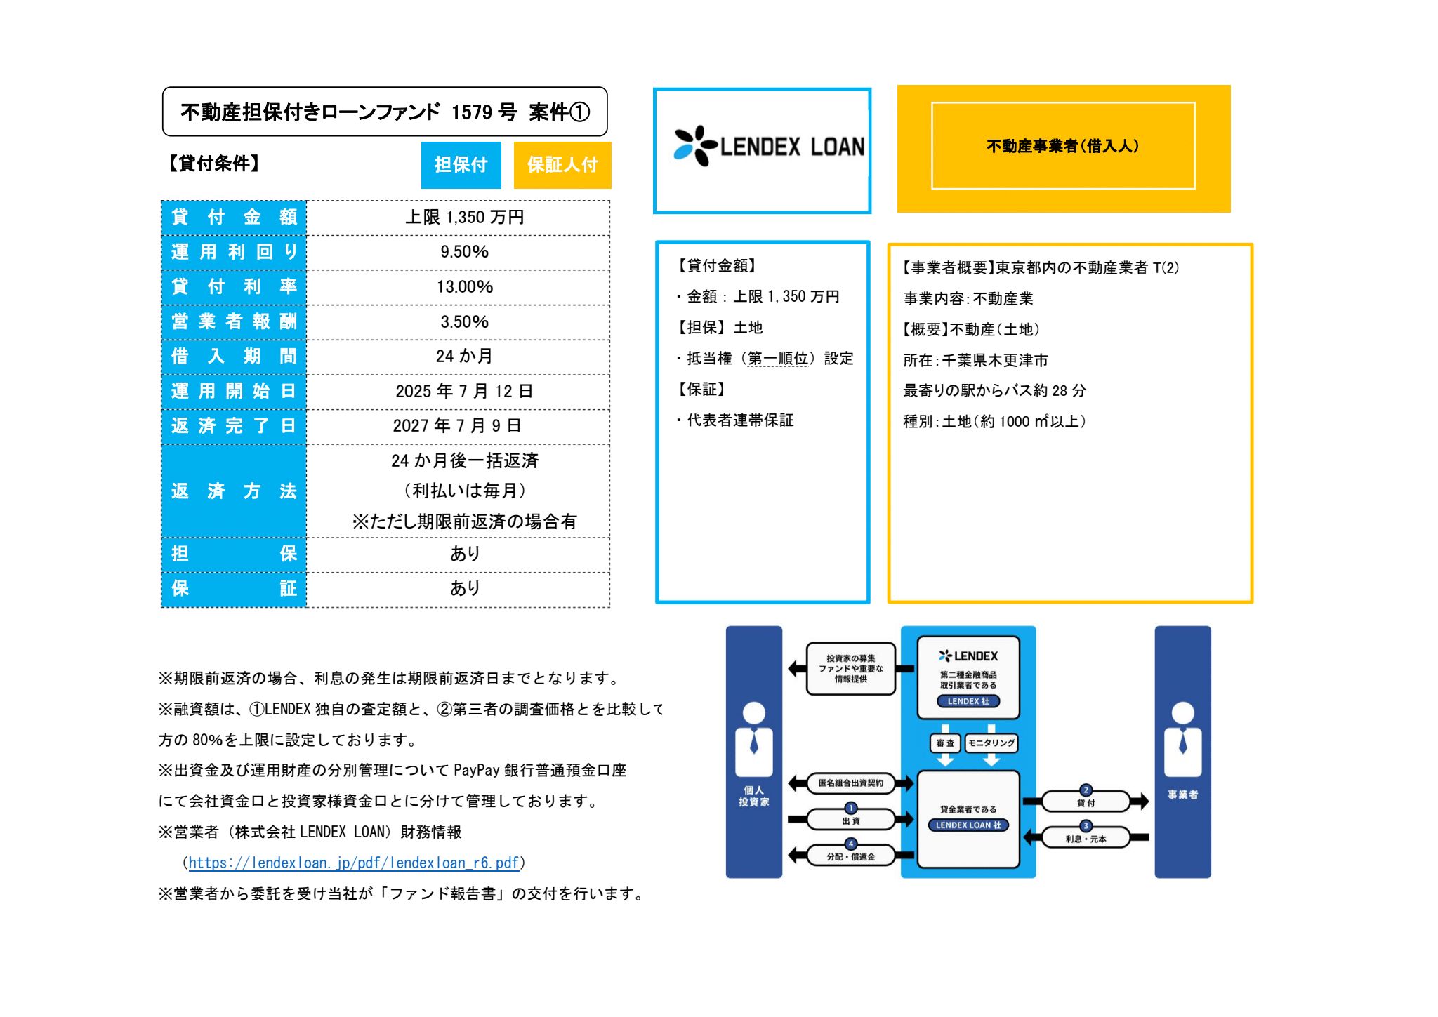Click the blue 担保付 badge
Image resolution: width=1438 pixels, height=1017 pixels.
point(461,165)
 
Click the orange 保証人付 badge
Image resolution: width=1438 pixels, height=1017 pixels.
point(562,165)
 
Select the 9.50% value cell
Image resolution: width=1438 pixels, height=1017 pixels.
point(464,252)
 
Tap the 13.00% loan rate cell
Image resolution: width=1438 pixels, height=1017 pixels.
point(464,287)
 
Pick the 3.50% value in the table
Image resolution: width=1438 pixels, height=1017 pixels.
point(464,322)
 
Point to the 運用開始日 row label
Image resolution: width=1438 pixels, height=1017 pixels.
point(234,391)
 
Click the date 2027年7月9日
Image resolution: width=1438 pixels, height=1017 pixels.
point(456,425)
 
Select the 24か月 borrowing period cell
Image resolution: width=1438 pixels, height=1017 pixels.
point(463,357)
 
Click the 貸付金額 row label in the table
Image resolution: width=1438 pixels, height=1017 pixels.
point(234,217)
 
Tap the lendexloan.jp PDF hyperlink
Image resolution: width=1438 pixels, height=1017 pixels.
point(354,863)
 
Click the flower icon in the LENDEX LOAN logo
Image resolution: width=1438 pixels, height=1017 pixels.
point(695,146)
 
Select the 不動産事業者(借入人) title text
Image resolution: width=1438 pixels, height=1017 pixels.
point(1063,146)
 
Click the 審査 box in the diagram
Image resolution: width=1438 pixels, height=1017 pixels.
point(945,743)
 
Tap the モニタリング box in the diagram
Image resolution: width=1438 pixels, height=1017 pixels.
point(991,743)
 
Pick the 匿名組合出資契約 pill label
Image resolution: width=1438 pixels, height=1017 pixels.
point(850,783)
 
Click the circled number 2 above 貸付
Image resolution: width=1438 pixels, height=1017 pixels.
point(1086,790)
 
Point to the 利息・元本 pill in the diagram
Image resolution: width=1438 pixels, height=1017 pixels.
point(1086,838)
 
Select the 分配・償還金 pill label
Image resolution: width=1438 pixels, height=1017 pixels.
point(850,856)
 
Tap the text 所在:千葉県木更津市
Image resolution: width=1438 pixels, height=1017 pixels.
point(975,361)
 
